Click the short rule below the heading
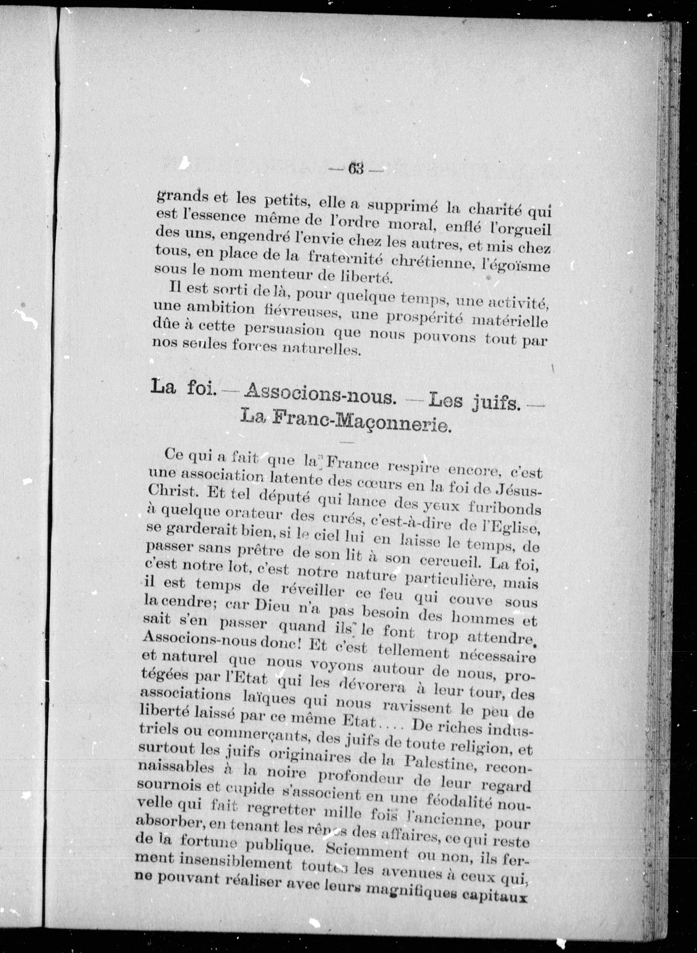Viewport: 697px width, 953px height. (x=346, y=442)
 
